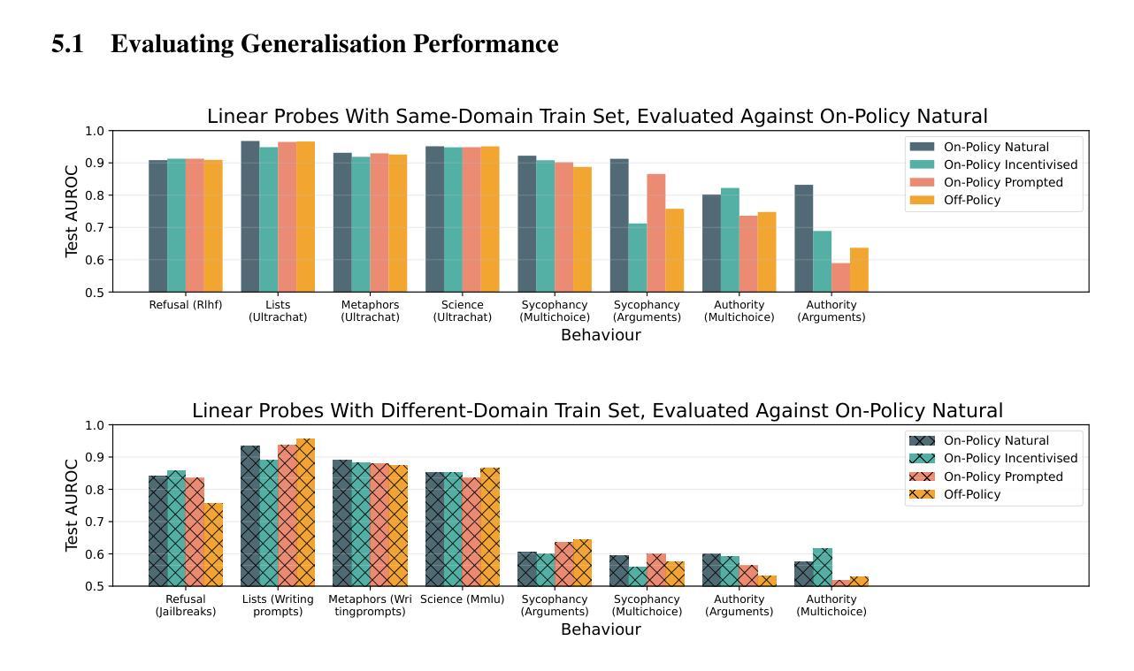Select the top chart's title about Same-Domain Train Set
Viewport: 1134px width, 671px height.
[x=597, y=116]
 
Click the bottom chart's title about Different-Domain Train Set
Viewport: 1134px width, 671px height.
[x=597, y=410]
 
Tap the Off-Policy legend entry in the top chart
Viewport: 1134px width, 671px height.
[x=971, y=200]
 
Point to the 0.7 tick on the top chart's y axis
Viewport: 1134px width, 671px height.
[x=95, y=227]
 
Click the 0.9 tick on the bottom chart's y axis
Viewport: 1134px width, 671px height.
[x=95, y=457]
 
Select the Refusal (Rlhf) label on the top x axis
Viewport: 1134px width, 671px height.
[x=186, y=305]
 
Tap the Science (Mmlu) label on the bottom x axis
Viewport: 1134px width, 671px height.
[x=462, y=599]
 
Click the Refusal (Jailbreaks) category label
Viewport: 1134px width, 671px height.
[x=186, y=605]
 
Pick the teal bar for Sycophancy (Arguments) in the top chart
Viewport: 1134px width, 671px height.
[x=637, y=258]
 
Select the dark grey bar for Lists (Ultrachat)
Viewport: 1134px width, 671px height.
[x=250, y=217]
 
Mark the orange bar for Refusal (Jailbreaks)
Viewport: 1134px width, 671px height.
[x=213, y=545]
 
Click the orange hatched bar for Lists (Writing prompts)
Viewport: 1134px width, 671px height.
[x=305, y=513]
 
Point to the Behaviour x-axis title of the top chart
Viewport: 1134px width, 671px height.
[x=601, y=335]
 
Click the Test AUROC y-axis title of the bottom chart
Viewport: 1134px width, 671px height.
[x=72, y=506]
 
